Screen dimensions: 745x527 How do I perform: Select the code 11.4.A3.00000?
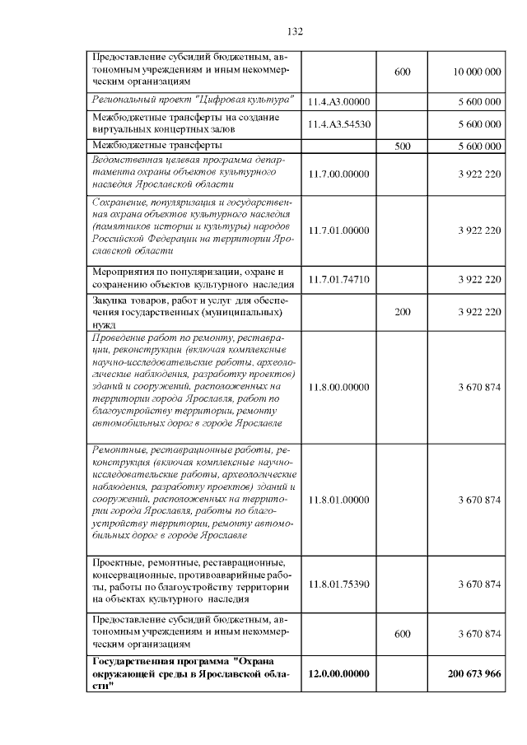tap(340, 101)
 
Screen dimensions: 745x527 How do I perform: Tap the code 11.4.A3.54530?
tap(340, 123)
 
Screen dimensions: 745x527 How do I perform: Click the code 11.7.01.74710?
tap(340, 279)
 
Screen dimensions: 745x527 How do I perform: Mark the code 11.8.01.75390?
tap(340, 584)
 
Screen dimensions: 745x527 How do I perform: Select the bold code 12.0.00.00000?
tap(340, 673)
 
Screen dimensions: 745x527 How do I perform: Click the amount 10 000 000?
tap(477, 72)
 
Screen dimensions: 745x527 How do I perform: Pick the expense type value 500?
tap(403, 146)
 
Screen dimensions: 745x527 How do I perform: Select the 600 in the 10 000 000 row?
tap(403, 72)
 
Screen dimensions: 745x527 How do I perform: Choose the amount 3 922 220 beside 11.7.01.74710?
tap(477, 279)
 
